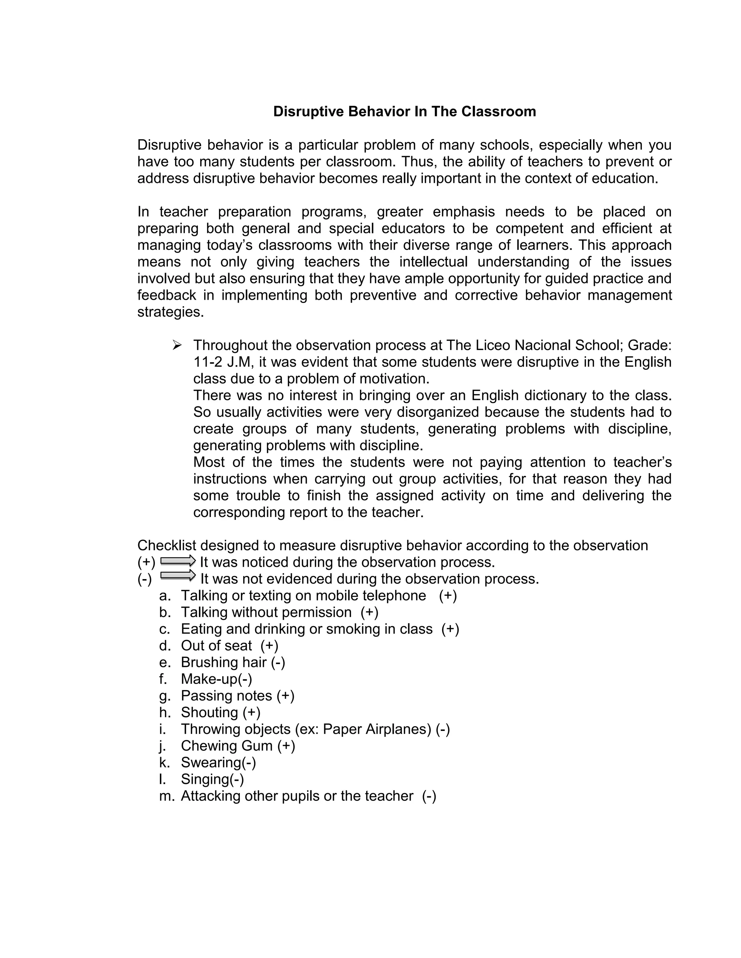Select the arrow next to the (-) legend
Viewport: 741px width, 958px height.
point(178,576)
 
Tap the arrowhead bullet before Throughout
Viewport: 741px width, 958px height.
point(177,346)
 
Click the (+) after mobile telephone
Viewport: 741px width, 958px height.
point(448,596)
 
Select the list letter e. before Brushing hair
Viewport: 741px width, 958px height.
point(164,662)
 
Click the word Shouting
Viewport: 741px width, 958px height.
point(209,713)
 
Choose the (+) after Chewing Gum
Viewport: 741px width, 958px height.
point(286,746)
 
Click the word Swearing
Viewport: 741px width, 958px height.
point(211,762)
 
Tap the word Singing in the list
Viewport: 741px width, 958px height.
point(204,779)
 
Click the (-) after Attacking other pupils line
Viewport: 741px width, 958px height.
point(429,796)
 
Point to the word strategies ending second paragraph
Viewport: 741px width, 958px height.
point(170,312)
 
